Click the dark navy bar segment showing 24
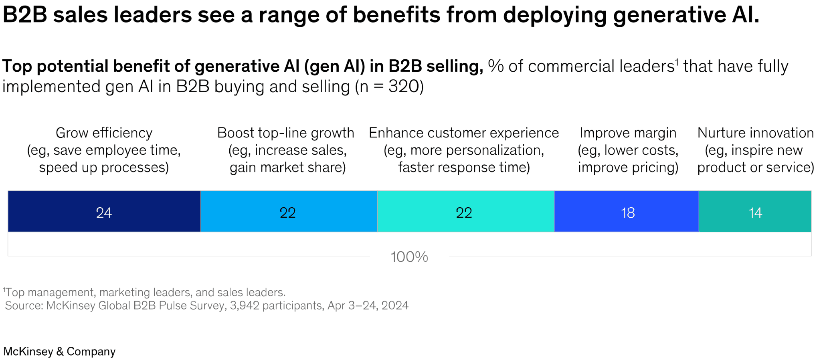click(104, 212)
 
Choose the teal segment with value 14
click(755, 212)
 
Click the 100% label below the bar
click(409, 257)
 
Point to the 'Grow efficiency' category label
click(104, 133)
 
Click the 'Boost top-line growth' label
click(285, 133)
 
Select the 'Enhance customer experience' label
click(464, 133)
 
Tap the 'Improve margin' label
click(628, 133)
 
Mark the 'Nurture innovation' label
click(755, 133)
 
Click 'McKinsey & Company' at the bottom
click(59, 352)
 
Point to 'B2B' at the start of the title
click(25, 15)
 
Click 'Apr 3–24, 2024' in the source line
click(368, 305)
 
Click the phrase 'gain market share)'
click(287, 167)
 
